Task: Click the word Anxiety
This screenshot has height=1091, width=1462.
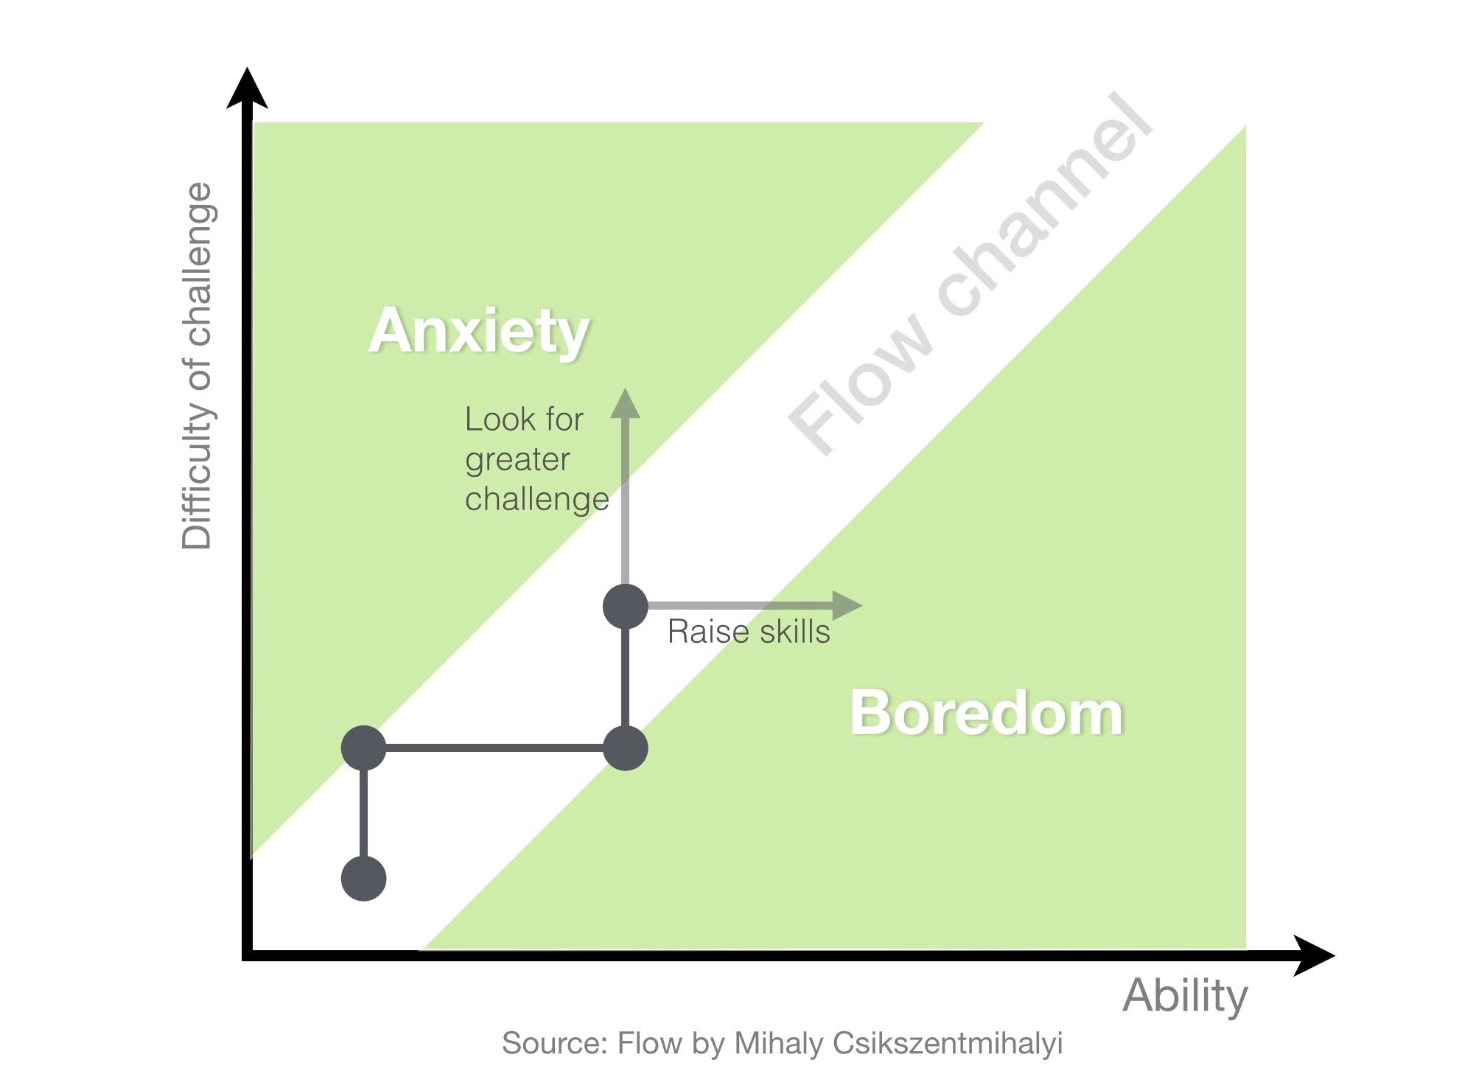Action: (x=479, y=332)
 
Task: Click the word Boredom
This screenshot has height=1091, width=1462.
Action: (x=987, y=714)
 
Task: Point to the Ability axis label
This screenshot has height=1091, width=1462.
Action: (x=1184, y=996)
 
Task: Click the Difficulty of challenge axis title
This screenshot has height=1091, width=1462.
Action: (x=197, y=366)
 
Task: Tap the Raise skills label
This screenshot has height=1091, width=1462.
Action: (x=749, y=632)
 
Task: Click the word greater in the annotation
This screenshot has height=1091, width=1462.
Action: (x=517, y=460)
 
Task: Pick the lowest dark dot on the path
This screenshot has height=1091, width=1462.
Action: (x=364, y=879)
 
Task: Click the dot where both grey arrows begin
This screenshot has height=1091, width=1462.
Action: (x=626, y=606)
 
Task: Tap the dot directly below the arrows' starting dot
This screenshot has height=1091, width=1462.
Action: (x=626, y=748)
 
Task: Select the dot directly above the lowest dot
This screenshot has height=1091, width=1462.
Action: (x=364, y=747)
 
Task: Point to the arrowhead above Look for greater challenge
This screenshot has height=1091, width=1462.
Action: (x=626, y=404)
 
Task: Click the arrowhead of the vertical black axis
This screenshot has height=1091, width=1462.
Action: (x=248, y=88)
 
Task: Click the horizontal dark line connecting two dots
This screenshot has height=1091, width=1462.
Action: (x=494, y=748)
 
